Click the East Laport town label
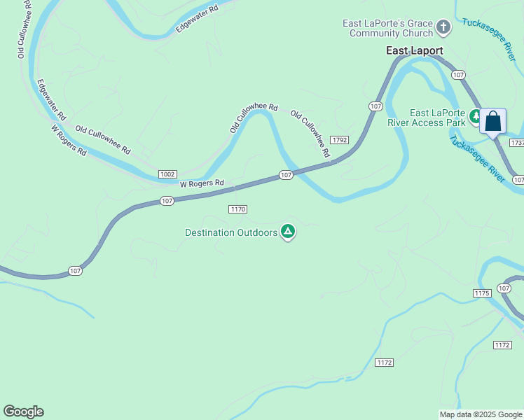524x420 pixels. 415,50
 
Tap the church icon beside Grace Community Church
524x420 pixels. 443,28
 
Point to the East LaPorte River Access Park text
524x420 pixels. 438,118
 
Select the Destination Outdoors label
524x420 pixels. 231,232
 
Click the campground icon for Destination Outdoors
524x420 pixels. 287,232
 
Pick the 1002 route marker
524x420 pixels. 167,174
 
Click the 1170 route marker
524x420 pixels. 238,209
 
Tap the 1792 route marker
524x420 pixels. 340,140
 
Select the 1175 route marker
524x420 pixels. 481,293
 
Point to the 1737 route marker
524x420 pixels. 518,142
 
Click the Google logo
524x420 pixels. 23,412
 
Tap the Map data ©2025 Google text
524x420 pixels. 481,414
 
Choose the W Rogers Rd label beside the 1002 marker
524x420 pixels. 202,183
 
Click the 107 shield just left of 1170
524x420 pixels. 166,201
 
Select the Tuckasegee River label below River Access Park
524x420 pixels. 476,157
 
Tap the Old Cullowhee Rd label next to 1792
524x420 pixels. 310,133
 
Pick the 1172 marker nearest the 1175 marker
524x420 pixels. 502,345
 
